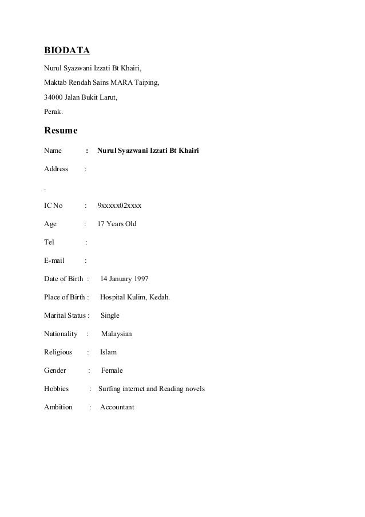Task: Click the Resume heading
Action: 61,129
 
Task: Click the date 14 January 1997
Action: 124,279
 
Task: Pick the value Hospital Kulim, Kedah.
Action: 135,297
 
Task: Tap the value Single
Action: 110,315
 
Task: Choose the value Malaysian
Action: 117,334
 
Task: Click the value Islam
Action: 108,352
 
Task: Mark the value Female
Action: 112,370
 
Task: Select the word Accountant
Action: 117,407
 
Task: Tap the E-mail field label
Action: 54,261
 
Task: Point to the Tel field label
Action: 49,242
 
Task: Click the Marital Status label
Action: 65,315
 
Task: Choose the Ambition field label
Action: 58,407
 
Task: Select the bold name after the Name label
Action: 148,151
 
